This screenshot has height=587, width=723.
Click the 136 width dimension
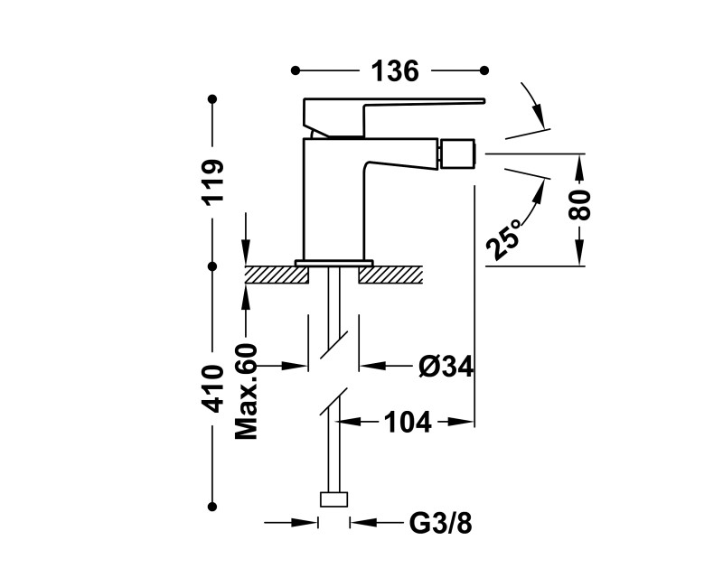395,71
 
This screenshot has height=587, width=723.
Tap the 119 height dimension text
212,182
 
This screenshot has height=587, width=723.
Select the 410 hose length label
212,388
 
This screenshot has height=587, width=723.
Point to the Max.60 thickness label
246,391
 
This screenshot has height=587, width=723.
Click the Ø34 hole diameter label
446,367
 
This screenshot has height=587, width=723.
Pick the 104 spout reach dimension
408,422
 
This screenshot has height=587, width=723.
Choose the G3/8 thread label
440,524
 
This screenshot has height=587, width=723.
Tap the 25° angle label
503,238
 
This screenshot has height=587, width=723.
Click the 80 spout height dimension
579,205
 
